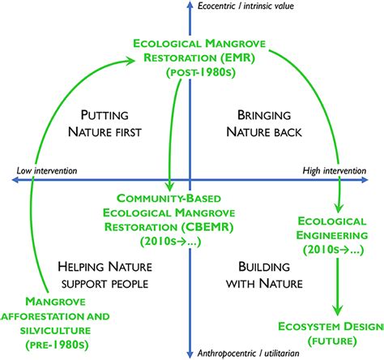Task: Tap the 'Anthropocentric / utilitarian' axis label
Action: pyautogui.click(x=249, y=352)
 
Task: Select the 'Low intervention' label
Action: pyautogui.click(x=47, y=170)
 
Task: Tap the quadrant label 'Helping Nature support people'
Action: pyautogui.click(x=103, y=275)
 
